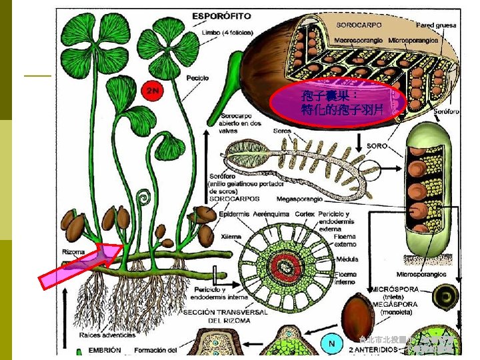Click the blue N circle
coord(331,344)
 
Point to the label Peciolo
coord(197,78)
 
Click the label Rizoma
coord(74,252)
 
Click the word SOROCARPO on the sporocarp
coord(359,25)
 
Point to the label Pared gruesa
coord(437,25)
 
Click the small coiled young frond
coord(143,199)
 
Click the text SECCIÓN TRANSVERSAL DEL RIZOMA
coord(235,315)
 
